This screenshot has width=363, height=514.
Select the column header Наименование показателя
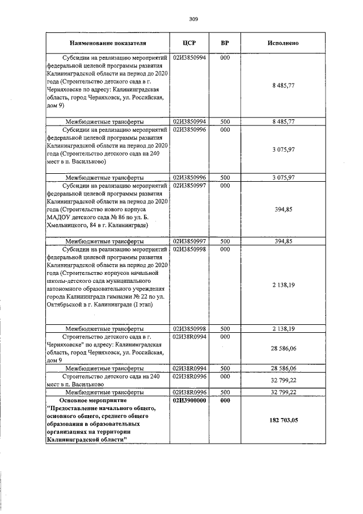point(108,43)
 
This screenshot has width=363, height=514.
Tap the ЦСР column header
point(189,43)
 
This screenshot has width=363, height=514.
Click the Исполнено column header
point(283,43)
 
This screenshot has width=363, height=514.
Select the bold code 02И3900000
point(189,400)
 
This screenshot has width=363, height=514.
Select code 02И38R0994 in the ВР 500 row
point(189,368)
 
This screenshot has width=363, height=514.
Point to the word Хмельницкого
point(69,225)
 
